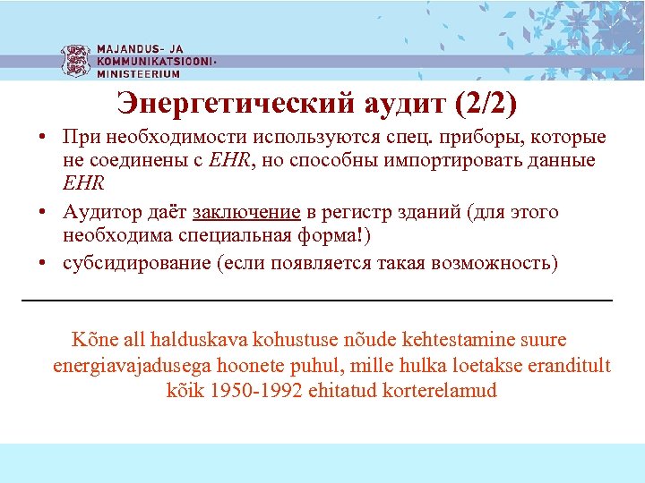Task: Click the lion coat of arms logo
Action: pos(75,61)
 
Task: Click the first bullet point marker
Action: pos(42,139)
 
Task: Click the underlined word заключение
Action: pos(246,213)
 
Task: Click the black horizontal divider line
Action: pos(316,299)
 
